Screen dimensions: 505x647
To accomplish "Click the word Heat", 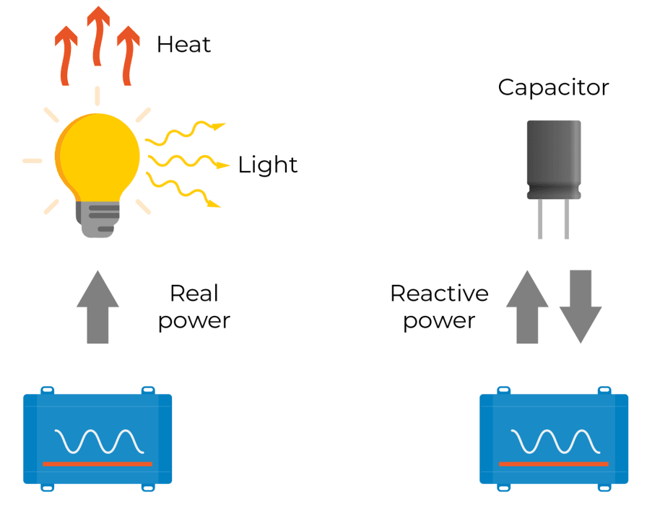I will click(x=183, y=45).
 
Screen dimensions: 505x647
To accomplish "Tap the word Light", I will click(x=267, y=165).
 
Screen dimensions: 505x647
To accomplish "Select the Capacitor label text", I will click(x=553, y=88).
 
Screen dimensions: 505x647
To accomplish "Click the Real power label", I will click(x=194, y=307).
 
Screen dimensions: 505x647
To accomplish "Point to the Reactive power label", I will click(x=439, y=307).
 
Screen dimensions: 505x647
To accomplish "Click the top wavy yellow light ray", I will click(x=184, y=133).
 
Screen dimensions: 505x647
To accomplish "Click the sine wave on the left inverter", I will click(x=97, y=441).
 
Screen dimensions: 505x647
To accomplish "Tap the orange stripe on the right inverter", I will click(x=554, y=463).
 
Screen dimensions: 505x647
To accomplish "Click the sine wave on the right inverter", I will click(x=554, y=441).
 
